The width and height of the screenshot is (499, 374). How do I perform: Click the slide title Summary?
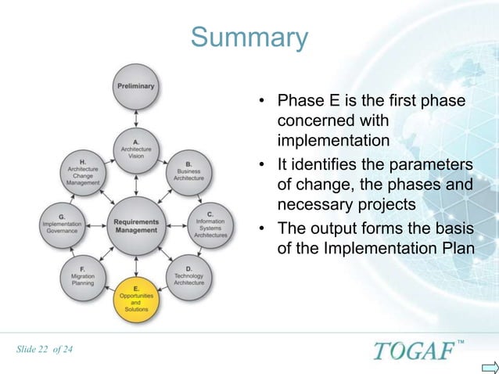click(249, 38)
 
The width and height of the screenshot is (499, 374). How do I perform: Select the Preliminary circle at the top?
click(136, 87)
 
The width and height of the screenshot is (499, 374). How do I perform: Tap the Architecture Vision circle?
click(136, 149)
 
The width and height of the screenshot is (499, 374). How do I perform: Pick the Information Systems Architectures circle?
click(210, 223)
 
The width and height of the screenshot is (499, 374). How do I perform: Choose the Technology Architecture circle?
click(188, 275)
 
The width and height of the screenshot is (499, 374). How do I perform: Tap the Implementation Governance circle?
click(62, 224)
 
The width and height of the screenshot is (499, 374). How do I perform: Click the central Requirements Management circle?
click(136, 225)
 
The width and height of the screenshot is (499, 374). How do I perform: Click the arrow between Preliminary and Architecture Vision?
click(136, 118)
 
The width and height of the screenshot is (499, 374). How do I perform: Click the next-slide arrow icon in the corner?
click(490, 365)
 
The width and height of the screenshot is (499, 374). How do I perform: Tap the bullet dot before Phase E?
click(264, 102)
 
